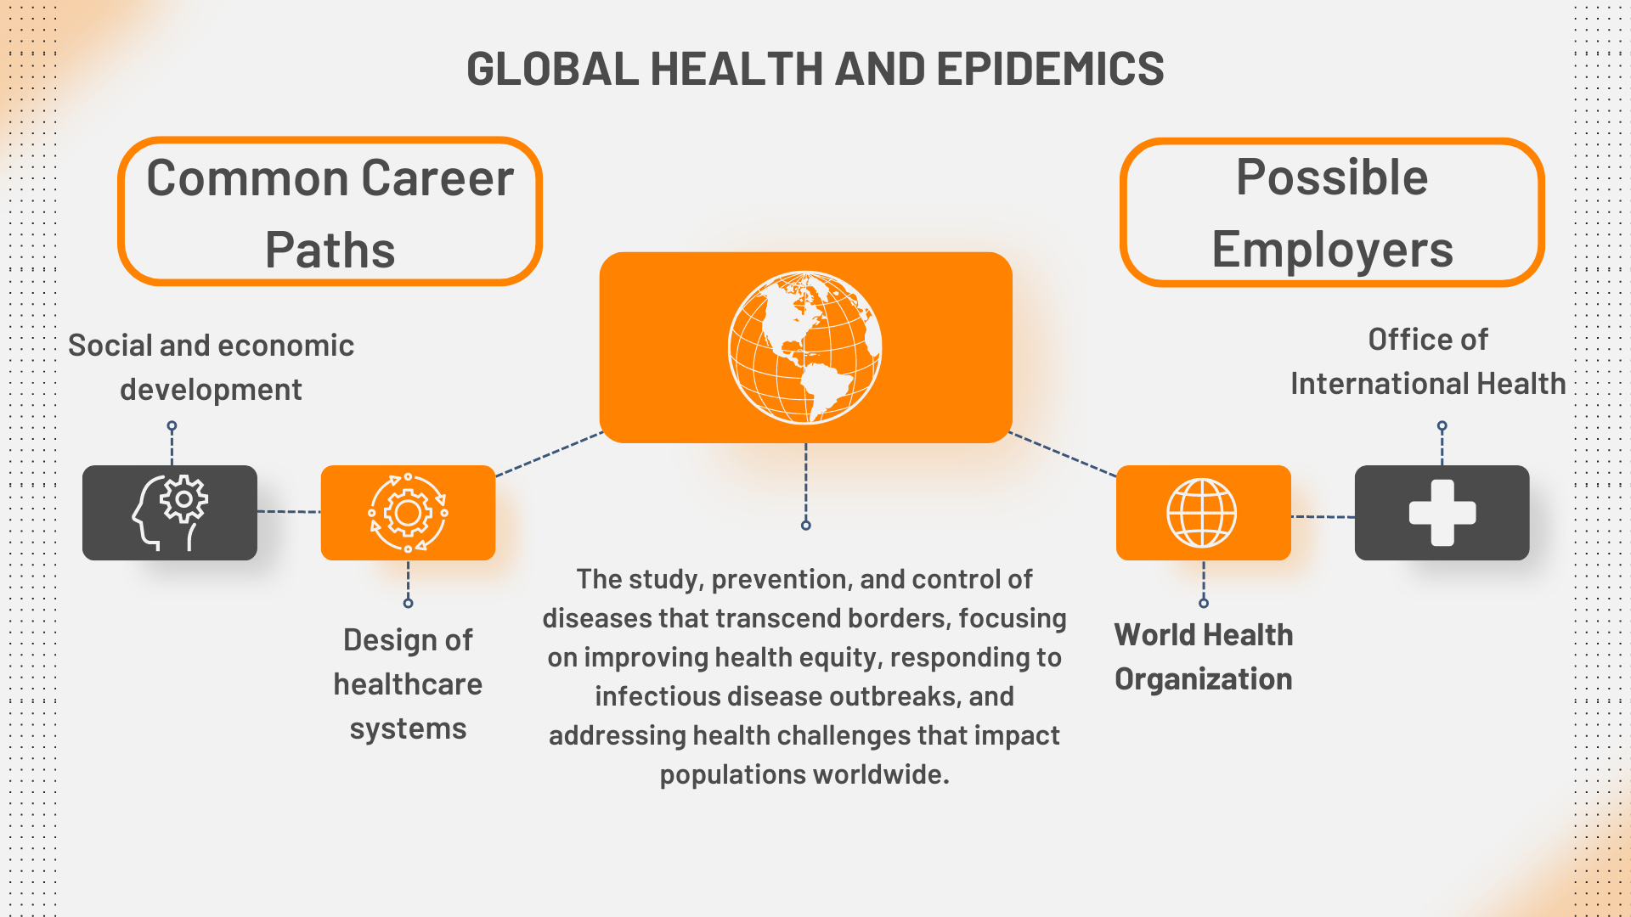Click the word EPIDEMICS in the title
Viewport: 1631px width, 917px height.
point(1050,69)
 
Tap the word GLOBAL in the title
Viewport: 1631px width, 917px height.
point(552,69)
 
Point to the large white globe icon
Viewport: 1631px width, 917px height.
point(804,347)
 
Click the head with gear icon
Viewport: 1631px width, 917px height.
point(170,512)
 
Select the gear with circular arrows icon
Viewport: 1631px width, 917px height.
point(408,513)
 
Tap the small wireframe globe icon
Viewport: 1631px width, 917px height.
point(1202,513)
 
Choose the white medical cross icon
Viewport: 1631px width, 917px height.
point(1442,513)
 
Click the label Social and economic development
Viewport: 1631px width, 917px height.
point(211,368)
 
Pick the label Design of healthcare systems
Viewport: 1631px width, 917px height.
point(408,684)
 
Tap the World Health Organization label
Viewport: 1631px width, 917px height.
point(1204,657)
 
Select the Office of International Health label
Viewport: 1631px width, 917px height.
point(1428,362)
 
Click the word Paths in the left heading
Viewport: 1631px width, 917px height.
point(330,250)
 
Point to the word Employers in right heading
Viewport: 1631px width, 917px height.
point(1333,250)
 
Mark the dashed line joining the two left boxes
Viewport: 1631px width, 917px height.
point(289,512)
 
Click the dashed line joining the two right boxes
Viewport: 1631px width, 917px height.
point(1323,516)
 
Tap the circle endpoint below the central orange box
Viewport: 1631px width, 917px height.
point(806,526)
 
